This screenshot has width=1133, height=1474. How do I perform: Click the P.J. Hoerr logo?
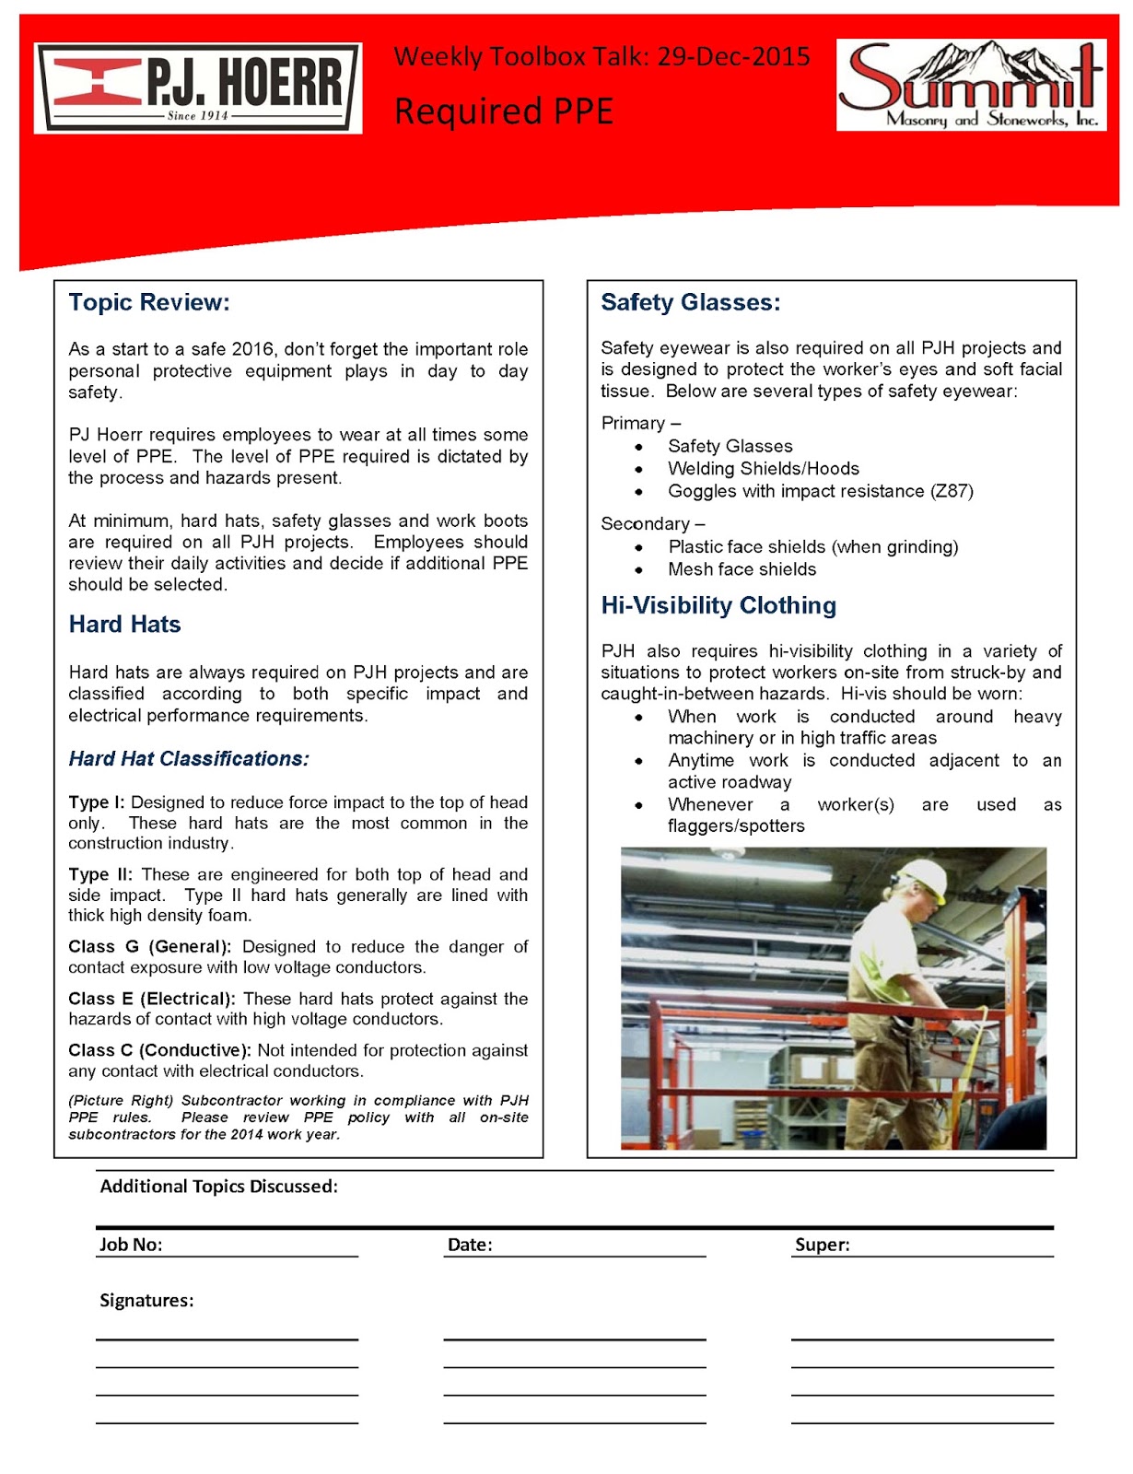point(197,88)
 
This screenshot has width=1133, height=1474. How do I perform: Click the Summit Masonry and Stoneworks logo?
point(971,85)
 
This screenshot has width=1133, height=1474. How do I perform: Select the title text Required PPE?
point(503,111)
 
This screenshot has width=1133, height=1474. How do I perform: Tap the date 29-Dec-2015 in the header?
point(733,57)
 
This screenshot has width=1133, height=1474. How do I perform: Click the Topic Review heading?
point(148,302)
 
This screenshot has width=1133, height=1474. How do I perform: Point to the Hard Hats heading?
point(124,624)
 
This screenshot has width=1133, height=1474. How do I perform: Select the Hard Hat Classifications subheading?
point(188,758)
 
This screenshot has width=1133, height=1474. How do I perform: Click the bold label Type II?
point(99,873)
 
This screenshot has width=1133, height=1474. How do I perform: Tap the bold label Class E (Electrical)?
point(151,998)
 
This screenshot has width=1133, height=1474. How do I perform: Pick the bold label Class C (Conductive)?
point(158,1049)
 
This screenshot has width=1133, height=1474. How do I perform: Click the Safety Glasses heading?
point(690,302)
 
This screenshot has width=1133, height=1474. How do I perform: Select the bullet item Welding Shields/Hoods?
point(763,468)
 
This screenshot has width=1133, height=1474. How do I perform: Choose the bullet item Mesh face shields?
point(742,569)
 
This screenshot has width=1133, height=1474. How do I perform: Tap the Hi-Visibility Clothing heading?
point(718,605)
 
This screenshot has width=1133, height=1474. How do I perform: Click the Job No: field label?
point(131,1244)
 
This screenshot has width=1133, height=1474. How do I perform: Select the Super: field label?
point(822,1244)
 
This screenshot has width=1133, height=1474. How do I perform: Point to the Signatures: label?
point(146,1300)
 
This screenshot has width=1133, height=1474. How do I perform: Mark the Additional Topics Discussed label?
point(218,1186)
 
